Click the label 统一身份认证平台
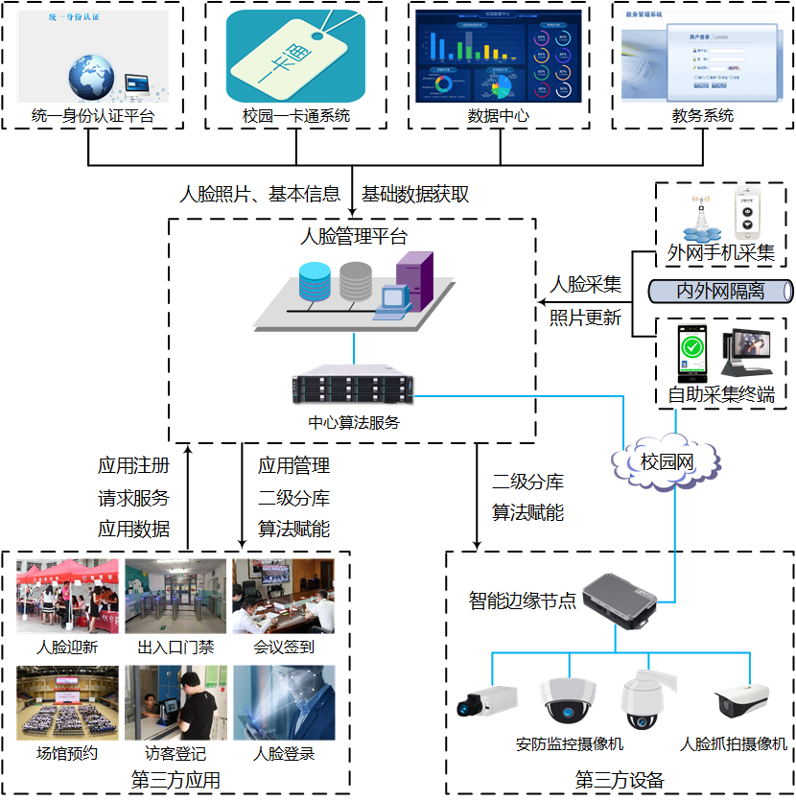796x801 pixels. [93, 117]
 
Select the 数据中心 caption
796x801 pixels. [497, 117]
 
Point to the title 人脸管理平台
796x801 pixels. [353, 237]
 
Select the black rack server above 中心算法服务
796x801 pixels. [353, 389]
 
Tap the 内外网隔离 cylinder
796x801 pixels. [720, 291]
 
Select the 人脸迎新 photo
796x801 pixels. [67, 597]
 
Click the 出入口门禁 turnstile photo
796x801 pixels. [176, 597]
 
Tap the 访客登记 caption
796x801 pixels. [176, 753]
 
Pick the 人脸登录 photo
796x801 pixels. [283, 702]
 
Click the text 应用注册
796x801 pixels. [133, 466]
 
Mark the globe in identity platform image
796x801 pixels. [91, 75]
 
